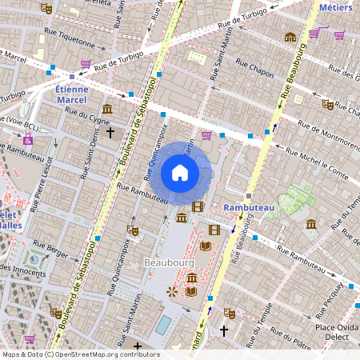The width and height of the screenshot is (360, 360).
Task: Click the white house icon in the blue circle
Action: click(x=180, y=172)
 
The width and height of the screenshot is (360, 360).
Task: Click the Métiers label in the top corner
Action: click(x=335, y=7)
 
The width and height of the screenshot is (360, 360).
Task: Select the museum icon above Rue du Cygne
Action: click(x=107, y=109)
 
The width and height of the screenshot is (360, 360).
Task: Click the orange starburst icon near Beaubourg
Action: click(x=171, y=292)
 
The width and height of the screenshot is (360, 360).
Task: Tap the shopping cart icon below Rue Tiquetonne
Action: click(x=85, y=63)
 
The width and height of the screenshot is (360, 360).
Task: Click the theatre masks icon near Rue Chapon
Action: click(x=327, y=104)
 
